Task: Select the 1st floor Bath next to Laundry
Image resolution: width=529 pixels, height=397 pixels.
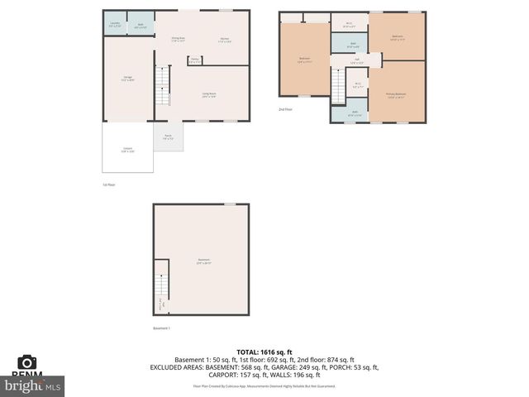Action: click(x=141, y=26)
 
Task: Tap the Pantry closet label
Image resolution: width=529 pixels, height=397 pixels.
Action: click(x=194, y=60)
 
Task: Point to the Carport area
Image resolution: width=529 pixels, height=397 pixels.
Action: click(x=127, y=150)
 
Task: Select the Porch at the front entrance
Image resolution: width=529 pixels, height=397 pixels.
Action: click(x=168, y=136)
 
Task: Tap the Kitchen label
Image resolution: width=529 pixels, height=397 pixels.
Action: click(x=224, y=39)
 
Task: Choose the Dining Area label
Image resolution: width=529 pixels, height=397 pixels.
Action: click(x=178, y=39)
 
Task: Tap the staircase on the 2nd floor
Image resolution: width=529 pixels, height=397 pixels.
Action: click(x=338, y=85)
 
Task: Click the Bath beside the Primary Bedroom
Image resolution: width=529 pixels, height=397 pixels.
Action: click(x=354, y=113)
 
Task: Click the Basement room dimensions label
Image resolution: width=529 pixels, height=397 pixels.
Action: click(x=204, y=262)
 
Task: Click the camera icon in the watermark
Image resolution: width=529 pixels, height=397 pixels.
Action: click(x=27, y=363)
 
